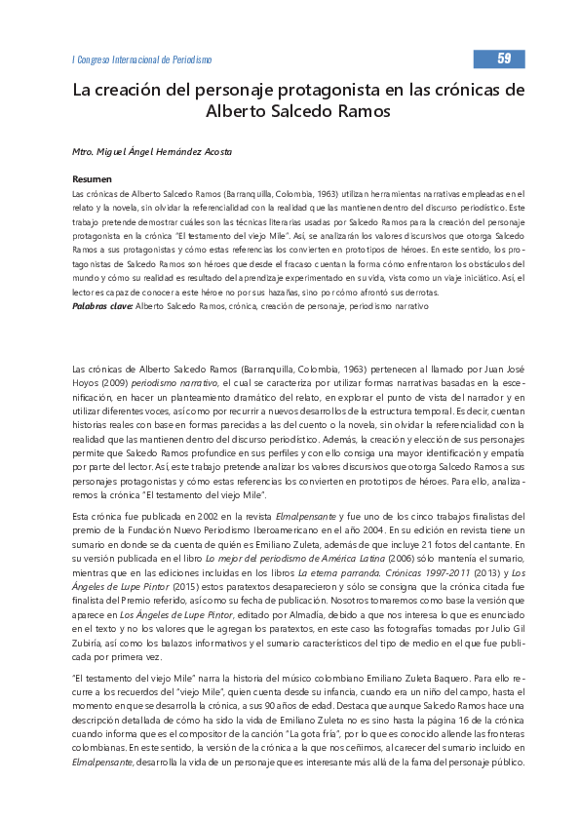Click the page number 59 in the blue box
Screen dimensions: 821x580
pyautogui.click(x=503, y=59)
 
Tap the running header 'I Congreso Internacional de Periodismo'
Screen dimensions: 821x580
pyautogui.click(x=142, y=60)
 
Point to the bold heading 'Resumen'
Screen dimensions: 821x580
pyautogui.click(x=93, y=179)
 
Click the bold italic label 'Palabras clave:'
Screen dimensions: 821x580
pyautogui.click(x=103, y=306)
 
